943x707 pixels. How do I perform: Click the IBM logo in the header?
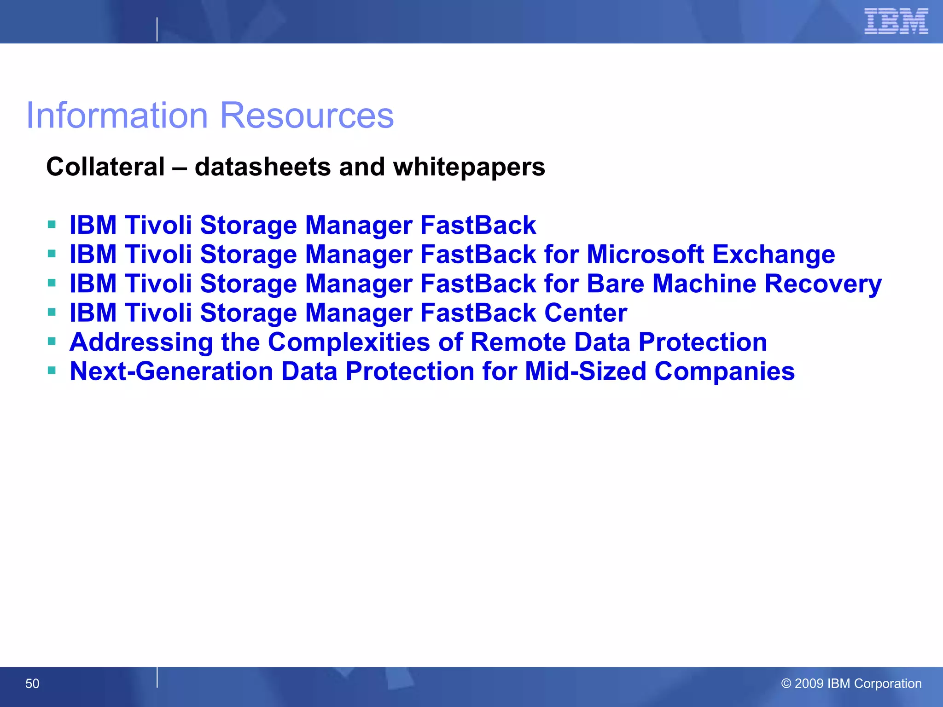pos(896,21)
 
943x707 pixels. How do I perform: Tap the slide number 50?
pos(32,684)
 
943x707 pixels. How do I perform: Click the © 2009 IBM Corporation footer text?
pos(851,684)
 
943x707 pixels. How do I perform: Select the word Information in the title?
pos(117,115)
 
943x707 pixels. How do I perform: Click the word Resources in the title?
pos(307,115)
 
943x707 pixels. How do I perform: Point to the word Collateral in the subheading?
pos(105,167)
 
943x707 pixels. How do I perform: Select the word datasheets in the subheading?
pos(262,167)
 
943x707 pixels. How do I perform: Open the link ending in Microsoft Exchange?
pos(452,255)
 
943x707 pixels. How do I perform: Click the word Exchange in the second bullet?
pos(774,255)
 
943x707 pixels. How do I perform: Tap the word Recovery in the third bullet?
pos(823,284)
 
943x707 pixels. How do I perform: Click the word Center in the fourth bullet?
pos(586,313)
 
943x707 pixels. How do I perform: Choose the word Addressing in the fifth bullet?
pos(141,342)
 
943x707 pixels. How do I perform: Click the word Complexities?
pos(349,342)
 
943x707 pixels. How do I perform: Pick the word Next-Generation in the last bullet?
pos(171,371)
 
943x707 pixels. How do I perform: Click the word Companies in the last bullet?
pos(725,371)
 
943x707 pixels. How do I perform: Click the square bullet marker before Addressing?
pos(52,342)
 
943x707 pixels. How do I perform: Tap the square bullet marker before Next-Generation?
pos(52,371)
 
